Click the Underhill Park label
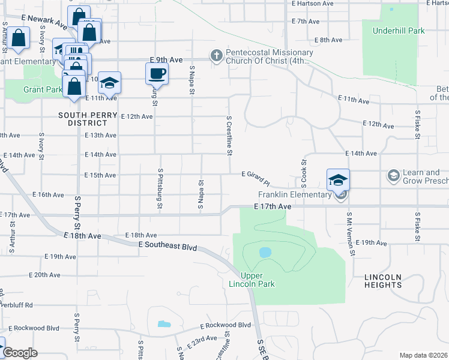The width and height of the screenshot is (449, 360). click(398, 31)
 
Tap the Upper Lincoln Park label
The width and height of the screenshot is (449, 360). click(258, 279)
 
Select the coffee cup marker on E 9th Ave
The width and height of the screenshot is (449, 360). click(157, 74)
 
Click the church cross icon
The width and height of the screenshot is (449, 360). click(216, 56)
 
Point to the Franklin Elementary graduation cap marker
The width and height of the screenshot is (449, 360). click(338, 180)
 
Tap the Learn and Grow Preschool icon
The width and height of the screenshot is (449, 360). click(393, 176)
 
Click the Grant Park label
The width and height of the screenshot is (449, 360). click(43, 90)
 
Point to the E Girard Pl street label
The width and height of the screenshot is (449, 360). click(256, 175)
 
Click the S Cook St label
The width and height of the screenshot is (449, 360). click(304, 173)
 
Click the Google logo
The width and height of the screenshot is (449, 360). click(20, 353)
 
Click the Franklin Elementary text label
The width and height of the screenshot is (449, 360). click(295, 194)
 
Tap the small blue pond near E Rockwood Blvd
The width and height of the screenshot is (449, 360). click(164, 324)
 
